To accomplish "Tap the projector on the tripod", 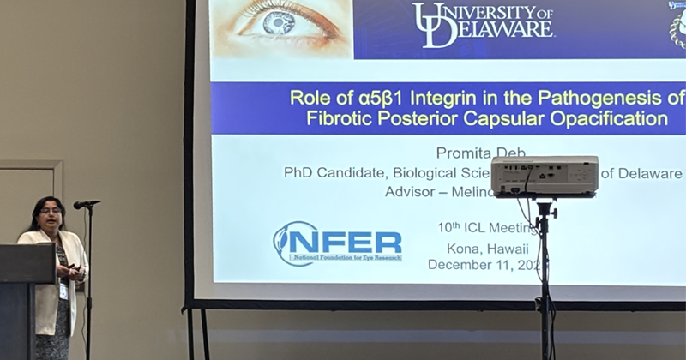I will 545,176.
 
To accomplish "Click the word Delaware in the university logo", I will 496,29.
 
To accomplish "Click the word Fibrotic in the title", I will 339,118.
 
